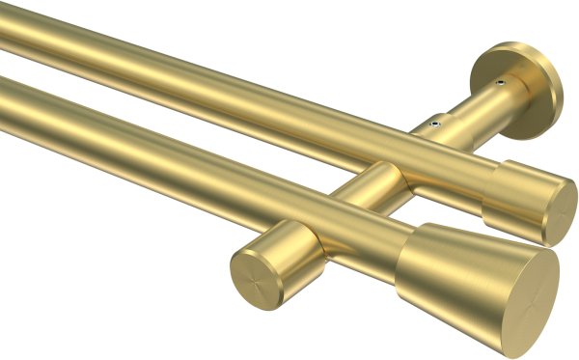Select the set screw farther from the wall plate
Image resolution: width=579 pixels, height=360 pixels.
pos(435,124)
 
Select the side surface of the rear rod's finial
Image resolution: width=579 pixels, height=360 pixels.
pos(511,197)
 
